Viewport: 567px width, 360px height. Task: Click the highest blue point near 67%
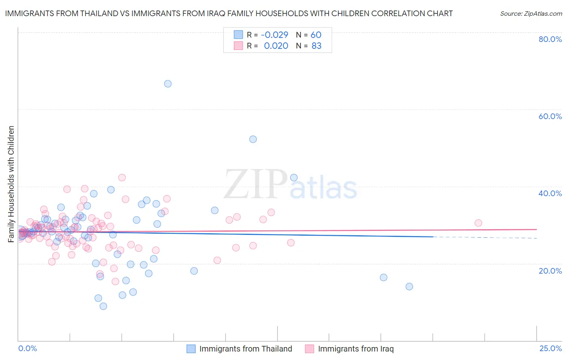pos(168,84)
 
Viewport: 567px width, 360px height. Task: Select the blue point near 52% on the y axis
pos(253,139)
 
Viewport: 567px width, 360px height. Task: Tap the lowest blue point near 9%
pos(103,306)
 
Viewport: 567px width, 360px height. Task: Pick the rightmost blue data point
pos(409,287)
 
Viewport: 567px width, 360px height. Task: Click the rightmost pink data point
pos(478,223)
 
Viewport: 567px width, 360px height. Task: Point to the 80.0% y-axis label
pos(550,39)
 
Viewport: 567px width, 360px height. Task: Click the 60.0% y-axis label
pos(550,116)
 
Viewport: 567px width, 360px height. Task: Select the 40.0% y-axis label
pos(550,193)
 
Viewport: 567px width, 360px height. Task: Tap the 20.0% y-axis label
pos(550,271)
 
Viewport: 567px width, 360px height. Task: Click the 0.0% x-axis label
pos(27,348)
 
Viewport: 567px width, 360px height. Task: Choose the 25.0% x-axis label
pos(550,348)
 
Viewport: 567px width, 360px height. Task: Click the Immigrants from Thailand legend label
pos(246,349)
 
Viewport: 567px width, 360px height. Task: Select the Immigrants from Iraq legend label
pos(356,349)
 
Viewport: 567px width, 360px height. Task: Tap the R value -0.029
pos(274,35)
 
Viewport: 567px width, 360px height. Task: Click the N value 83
pos(317,46)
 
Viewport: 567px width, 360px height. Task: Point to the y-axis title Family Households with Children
pos(11,184)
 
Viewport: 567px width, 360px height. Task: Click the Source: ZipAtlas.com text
pos(531,14)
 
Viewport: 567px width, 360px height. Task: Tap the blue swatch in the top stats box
pos(238,35)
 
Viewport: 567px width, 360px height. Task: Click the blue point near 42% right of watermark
pos(294,178)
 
